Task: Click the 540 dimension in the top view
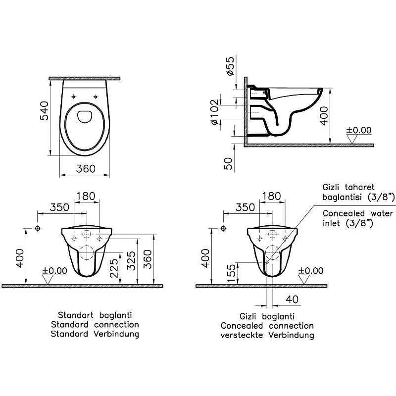click(44, 110)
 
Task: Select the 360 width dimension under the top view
click(86, 169)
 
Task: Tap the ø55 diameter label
click(230, 66)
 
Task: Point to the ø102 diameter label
click(215, 112)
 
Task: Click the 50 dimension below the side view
click(228, 163)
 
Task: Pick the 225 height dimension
click(114, 268)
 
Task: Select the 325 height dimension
click(131, 261)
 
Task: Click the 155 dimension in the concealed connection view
click(231, 274)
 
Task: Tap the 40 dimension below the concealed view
click(292, 299)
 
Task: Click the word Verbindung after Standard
click(116, 334)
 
